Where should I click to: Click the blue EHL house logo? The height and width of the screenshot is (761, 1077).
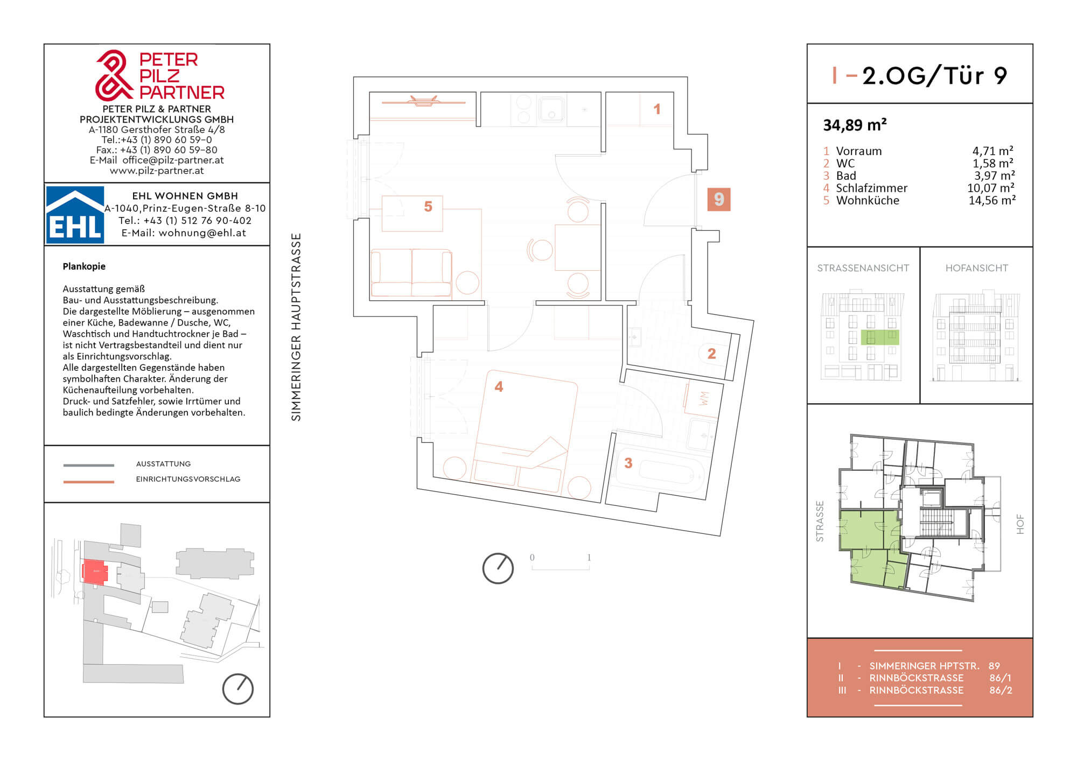(75, 215)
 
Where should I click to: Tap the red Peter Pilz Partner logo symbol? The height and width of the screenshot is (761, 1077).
(114, 75)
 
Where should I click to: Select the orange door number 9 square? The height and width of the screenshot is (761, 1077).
(719, 199)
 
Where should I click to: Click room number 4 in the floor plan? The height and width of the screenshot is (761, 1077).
(499, 386)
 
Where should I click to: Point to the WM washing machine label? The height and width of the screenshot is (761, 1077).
(704, 399)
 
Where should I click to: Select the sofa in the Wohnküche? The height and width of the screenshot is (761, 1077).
(411, 272)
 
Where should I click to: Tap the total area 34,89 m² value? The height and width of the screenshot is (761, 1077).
(855, 125)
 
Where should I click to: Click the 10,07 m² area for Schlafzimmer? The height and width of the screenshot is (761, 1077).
(991, 188)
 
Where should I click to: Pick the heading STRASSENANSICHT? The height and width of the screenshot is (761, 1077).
(863, 268)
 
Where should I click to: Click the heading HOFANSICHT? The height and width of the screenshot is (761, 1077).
(977, 268)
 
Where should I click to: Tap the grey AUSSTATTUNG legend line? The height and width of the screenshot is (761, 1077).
(89, 465)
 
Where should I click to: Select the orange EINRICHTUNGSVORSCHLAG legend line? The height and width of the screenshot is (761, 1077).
(89, 482)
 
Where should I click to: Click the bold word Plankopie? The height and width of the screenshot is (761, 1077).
(84, 266)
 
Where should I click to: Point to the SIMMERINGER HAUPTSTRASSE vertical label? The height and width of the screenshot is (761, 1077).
(296, 327)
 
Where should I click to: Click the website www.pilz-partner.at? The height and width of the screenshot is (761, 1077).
(157, 171)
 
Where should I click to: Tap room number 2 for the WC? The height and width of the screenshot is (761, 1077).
(711, 354)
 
